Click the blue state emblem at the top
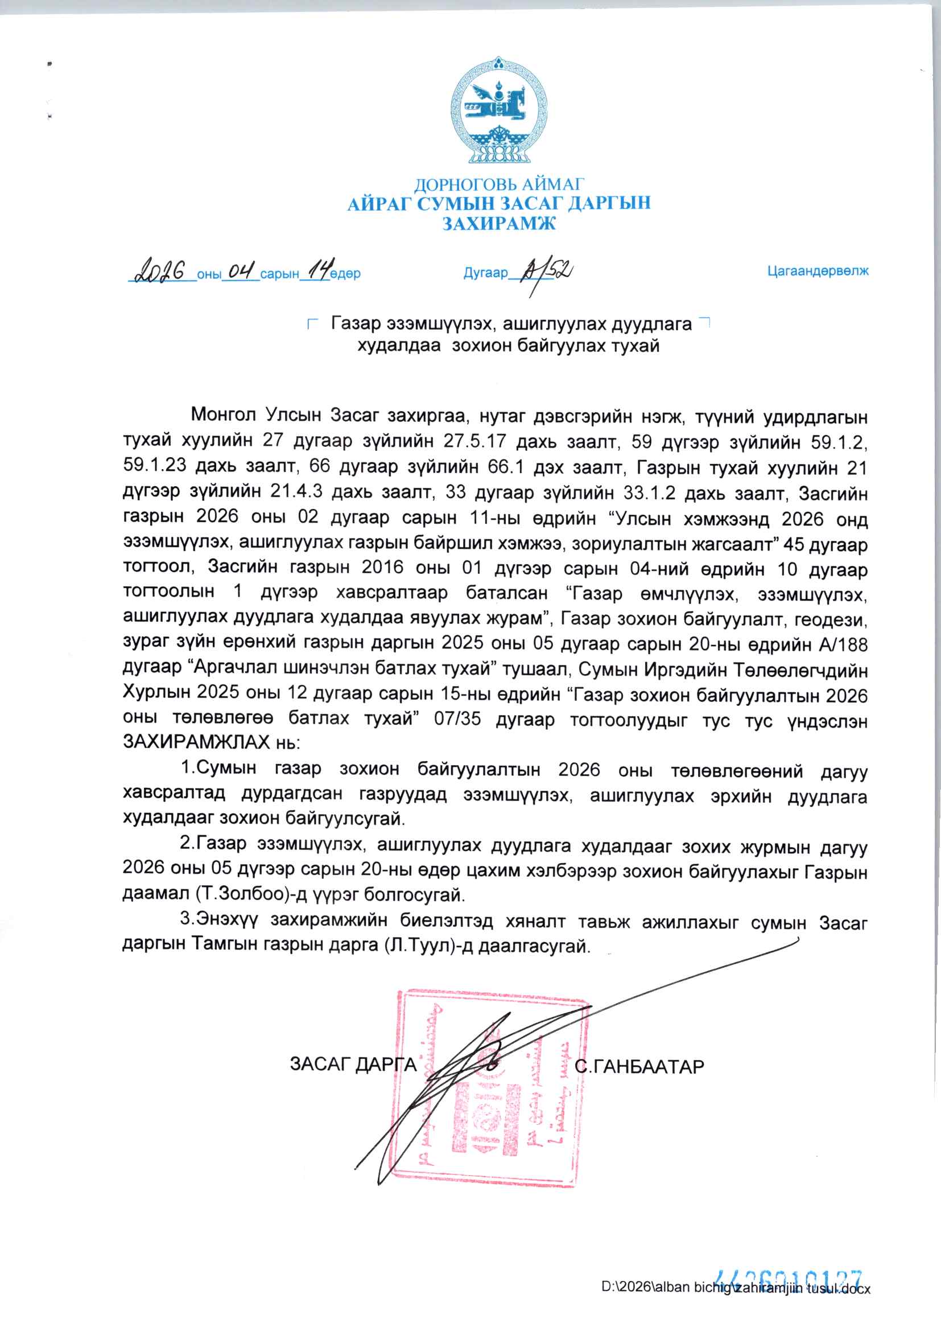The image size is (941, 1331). tap(499, 110)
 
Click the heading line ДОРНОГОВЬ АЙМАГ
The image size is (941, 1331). tap(499, 184)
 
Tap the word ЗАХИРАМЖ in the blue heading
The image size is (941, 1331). tap(499, 223)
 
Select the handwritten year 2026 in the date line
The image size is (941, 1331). tap(160, 271)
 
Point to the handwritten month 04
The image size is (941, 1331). tap(241, 271)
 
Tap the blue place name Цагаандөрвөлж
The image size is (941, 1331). tap(818, 272)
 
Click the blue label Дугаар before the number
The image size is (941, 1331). tap(485, 273)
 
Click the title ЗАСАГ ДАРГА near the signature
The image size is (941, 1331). tap(353, 1065)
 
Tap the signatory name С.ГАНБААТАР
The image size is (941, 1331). tap(639, 1067)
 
